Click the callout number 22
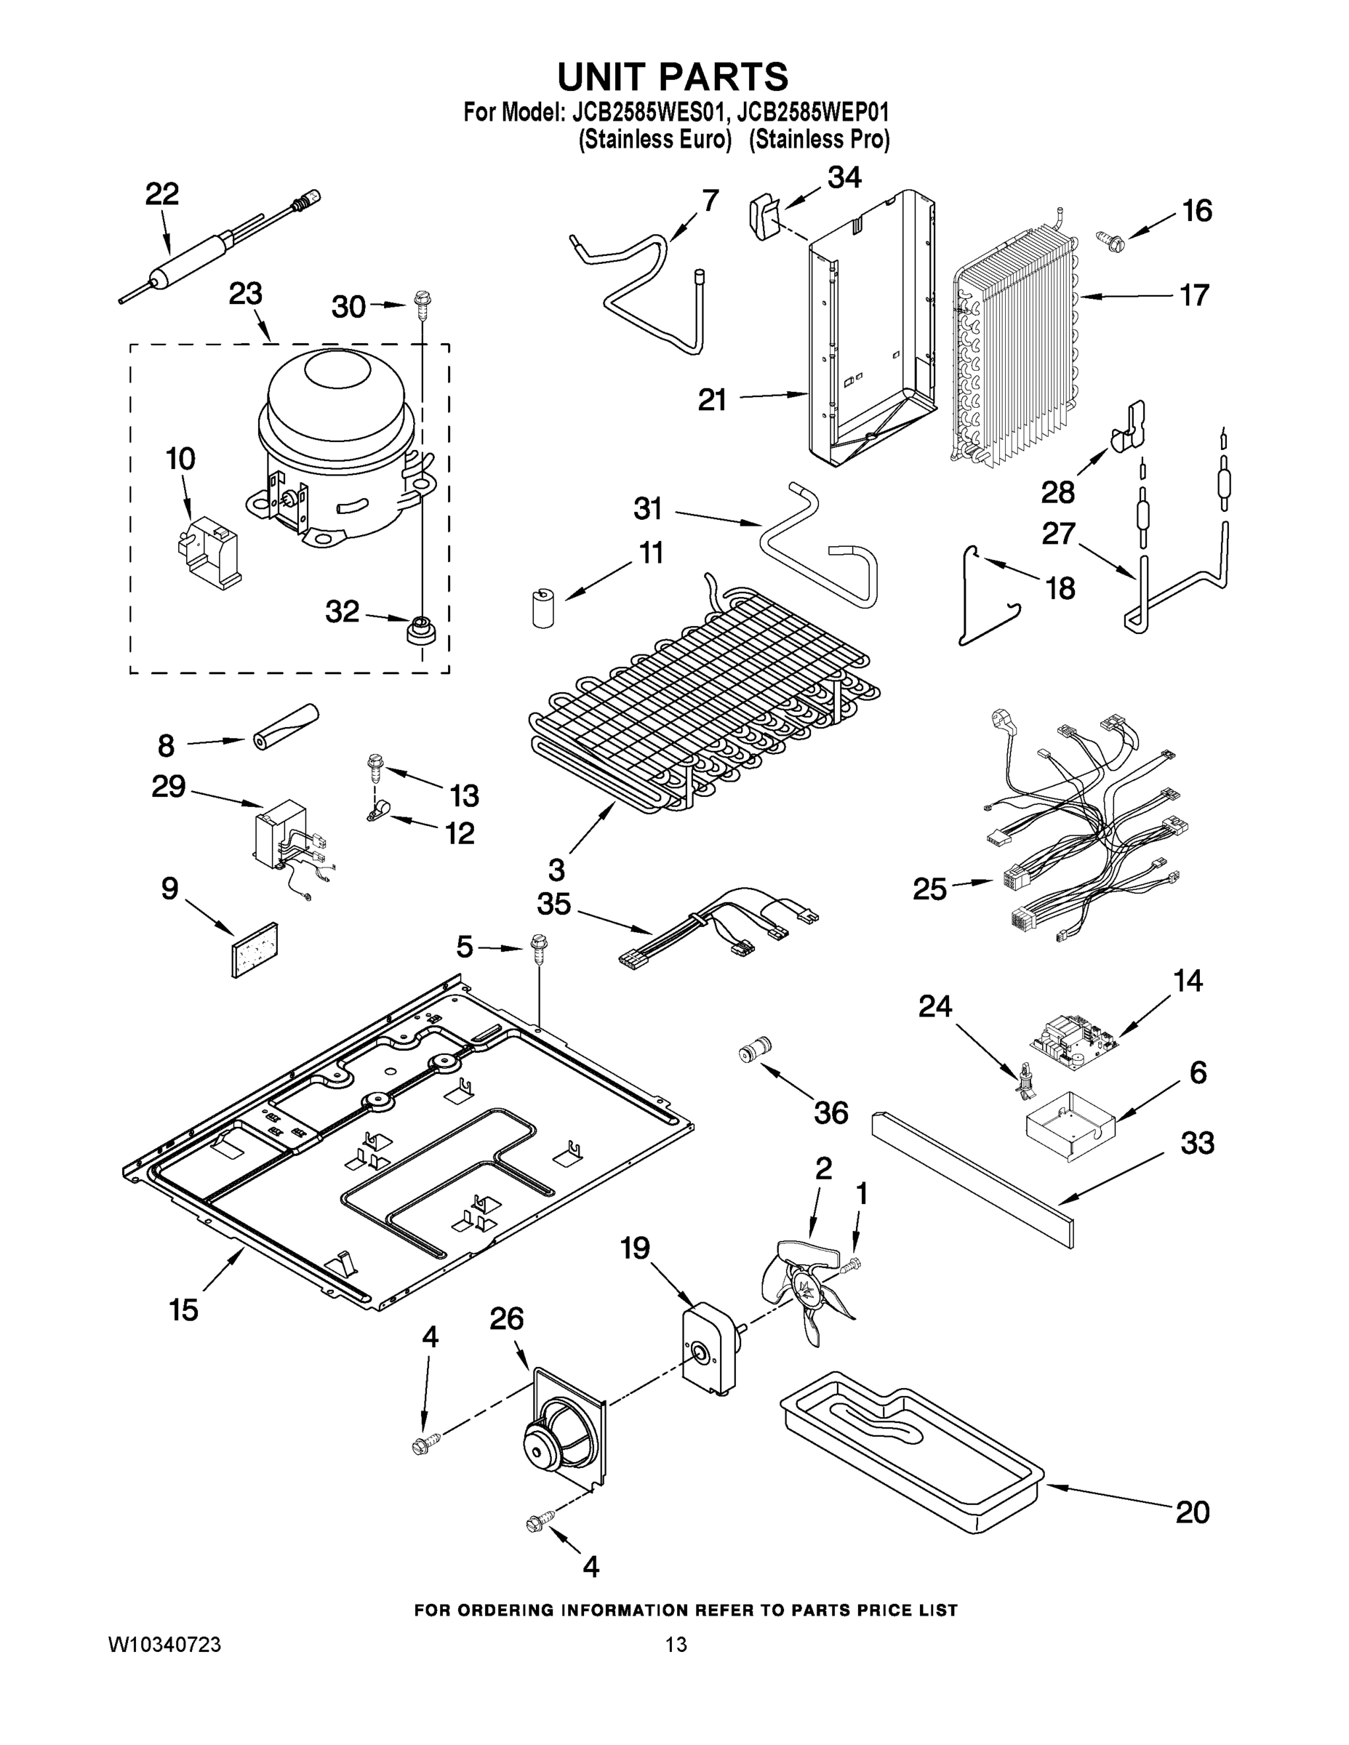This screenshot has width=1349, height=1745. (161, 194)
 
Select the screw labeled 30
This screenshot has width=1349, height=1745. (421, 302)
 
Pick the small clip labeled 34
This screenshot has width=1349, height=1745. (765, 217)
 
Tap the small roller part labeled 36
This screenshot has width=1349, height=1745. (753, 1048)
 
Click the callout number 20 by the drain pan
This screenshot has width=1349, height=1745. (1192, 1512)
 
